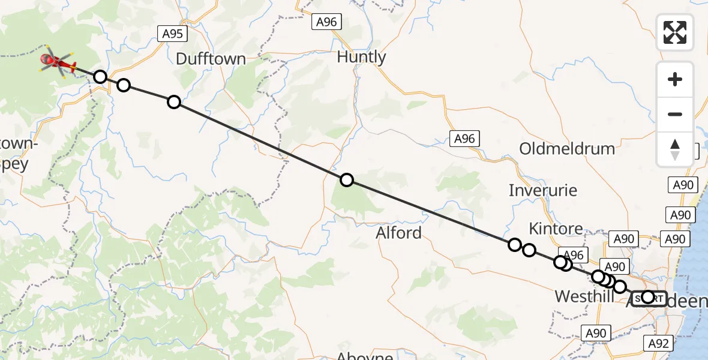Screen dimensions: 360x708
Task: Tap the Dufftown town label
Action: (211, 59)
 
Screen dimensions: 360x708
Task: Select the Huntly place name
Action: (361, 57)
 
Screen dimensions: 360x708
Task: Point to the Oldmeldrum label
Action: (567, 149)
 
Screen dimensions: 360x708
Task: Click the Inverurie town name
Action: (543, 191)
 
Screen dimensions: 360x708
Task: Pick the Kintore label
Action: (556, 229)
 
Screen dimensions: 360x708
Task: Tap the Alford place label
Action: (398, 233)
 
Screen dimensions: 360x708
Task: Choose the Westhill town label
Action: (584, 296)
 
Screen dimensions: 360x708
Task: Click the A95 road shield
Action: (172, 34)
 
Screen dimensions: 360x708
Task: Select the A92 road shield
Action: (658, 343)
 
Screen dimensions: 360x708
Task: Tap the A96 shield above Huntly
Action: (327, 22)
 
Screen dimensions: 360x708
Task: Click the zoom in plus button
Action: (675, 79)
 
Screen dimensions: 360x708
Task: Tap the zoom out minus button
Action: (675, 114)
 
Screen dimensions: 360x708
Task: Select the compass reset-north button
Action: (675, 149)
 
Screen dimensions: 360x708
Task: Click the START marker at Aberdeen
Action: (648, 297)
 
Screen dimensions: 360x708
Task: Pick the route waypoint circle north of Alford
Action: (347, 179)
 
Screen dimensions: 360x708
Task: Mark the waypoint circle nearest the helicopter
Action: (100, 77)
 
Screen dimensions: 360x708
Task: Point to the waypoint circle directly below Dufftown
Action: (174, 102)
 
